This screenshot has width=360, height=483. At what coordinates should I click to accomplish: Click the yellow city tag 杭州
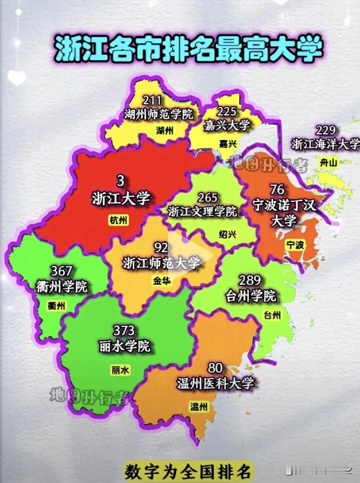coord(118,220)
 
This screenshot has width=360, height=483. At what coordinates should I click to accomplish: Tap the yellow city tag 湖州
coord(165,130)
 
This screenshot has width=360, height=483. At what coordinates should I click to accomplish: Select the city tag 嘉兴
coord(228,144)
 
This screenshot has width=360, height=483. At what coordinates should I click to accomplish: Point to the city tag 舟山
coord(328,163)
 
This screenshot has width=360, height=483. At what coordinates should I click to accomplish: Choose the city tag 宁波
coord(295,245)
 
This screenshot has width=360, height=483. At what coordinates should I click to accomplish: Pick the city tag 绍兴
coord(228,234)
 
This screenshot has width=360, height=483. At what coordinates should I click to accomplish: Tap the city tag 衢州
coord(56,306)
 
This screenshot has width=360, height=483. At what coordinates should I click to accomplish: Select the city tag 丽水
coord(120,370)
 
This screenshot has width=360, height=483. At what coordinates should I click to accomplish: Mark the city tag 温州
coord(199,407)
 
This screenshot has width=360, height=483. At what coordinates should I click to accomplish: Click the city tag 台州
coord(273,315)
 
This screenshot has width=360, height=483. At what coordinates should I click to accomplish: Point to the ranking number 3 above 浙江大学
coord(120,181)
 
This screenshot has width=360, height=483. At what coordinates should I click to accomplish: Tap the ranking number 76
coord(277,190)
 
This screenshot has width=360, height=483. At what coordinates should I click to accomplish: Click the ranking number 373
coord(124,331)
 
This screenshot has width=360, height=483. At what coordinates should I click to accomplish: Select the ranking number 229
coord(325,130)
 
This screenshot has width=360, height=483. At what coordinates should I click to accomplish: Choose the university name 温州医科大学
coord(216,383)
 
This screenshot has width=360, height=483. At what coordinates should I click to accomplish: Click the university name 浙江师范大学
coord(161,263)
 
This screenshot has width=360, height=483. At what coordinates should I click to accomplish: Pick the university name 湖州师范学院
coord(159,114)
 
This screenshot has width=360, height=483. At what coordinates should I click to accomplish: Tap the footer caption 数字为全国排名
coord(188,472)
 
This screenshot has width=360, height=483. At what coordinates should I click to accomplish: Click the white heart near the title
coord(16,77)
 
